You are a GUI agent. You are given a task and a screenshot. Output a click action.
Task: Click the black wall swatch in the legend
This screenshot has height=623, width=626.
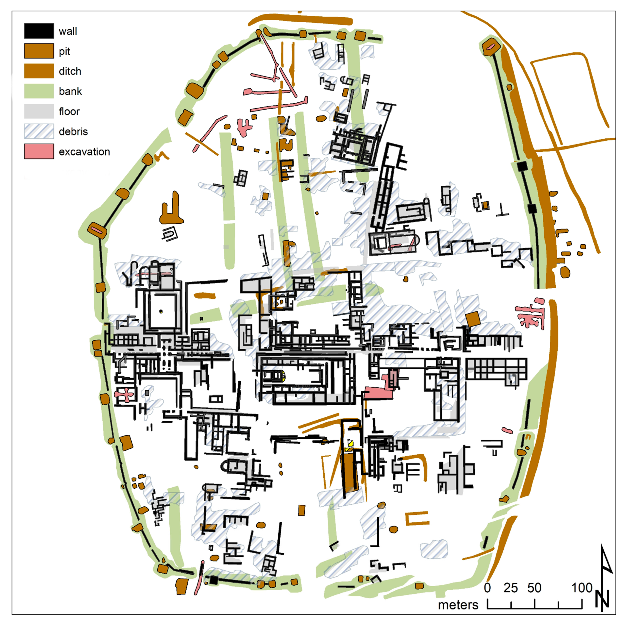point(39,31)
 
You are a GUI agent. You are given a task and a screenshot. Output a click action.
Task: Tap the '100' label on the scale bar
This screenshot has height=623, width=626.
point(582,588)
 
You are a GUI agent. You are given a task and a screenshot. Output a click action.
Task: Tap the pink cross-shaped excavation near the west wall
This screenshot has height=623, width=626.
point(124,394)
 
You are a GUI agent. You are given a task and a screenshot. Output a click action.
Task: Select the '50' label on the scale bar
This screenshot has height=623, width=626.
point(534,588)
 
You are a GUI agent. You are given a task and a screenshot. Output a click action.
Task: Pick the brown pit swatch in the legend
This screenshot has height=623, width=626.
point(39,51)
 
